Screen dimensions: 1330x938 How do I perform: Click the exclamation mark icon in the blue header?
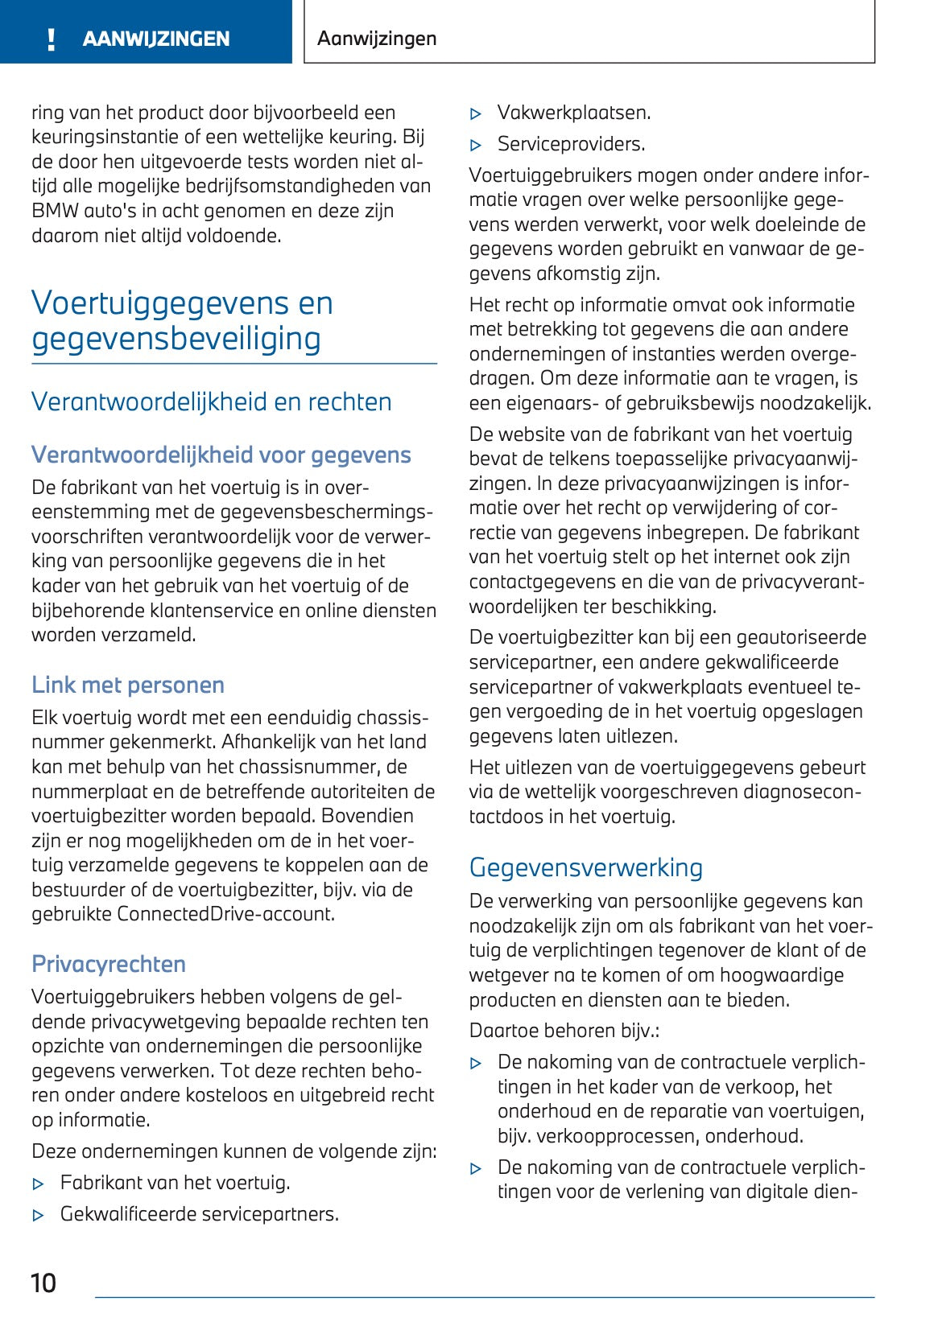tap(52, 39)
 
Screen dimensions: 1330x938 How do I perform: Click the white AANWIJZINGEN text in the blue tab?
tap(156, 39)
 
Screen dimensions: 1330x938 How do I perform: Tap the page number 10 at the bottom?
tap(43, 1282)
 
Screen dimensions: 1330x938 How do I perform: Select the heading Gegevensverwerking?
tap(585, 867)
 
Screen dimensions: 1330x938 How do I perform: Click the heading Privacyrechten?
tap(109, 964)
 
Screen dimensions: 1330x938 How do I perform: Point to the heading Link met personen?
tap(128, 685)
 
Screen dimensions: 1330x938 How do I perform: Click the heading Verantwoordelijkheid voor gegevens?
tap(221, 455)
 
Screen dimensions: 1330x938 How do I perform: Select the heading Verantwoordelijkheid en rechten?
tap(211, 401)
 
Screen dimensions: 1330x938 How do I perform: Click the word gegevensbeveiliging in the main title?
tap(176, 338)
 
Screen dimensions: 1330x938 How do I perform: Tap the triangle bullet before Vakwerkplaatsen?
tap(476, 114)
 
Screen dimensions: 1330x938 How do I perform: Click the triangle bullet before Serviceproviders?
tap(476, 146)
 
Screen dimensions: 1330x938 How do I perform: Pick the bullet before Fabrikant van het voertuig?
tap(38, 1184)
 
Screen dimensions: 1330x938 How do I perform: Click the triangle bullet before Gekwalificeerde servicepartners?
tap(38, 1216)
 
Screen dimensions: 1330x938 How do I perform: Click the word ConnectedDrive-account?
tap(225, 914)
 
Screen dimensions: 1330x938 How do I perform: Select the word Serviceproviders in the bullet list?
tap(571, 144)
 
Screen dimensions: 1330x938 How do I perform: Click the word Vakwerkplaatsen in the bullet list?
tap(574, 113)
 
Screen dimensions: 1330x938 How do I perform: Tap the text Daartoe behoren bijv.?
tap(564, 1030)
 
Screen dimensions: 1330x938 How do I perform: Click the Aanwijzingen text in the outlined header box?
tap(377, 39)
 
